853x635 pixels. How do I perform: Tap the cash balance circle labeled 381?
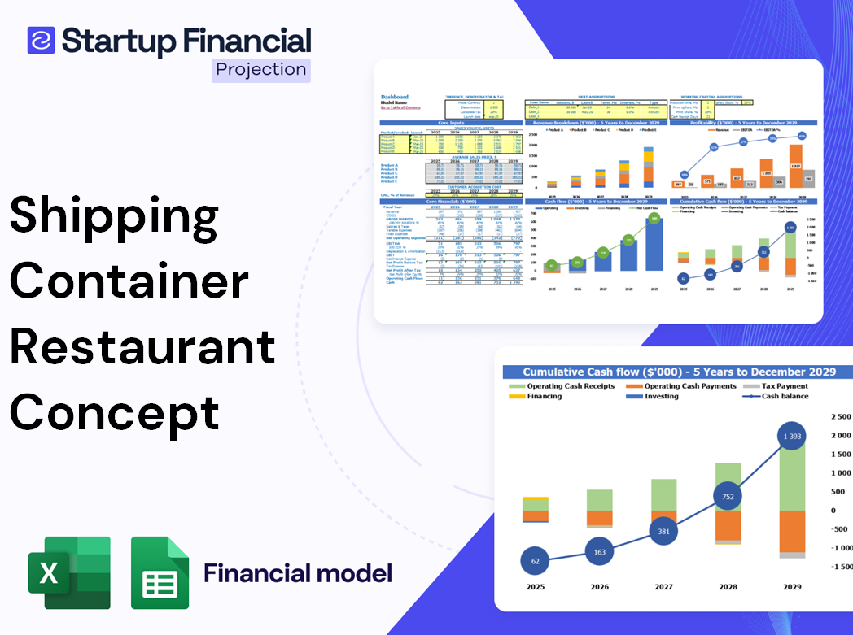point(664,532)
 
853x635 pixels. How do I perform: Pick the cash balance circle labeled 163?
point(599,552)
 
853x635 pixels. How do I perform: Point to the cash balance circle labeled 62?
point(535,561)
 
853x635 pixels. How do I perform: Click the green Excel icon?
point(69,572)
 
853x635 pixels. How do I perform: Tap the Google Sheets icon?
point(160,573)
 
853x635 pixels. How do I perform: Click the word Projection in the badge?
point(260,69)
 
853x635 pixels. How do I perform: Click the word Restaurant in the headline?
point(142,347)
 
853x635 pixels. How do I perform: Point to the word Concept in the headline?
point(115,412)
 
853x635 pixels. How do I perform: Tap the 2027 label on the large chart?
point(664,586)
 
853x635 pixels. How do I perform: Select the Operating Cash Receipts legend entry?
point(570,386)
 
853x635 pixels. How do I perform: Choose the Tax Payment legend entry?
point(784,386)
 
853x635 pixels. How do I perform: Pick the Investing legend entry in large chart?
point(661,396)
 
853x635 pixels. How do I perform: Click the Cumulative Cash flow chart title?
point(679,372)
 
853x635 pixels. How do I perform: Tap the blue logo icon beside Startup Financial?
point(41,41)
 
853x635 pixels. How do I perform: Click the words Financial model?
point(298,573)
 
